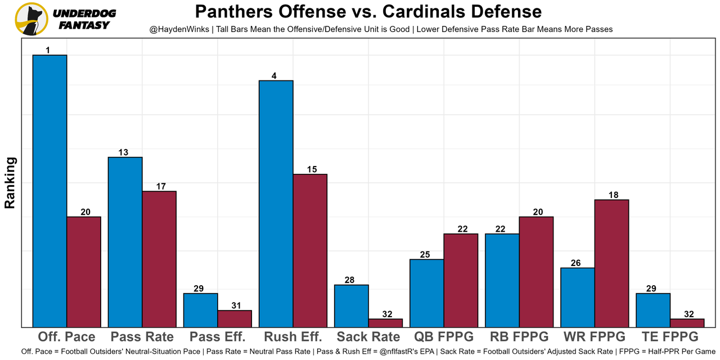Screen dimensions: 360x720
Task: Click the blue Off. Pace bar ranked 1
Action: click(x=50, y=191)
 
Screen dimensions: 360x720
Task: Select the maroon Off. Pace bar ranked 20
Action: click(x=84, y=272)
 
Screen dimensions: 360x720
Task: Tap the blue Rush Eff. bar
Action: click(x=276, y=204)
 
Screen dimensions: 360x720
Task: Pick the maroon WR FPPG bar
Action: click(x=611, y=263)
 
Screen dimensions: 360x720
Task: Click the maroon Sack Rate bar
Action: click(x=385, y=323)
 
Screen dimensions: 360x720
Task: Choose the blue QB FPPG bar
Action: click(x=427, y=293)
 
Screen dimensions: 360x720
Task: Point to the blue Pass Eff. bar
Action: click(x=201, y=310)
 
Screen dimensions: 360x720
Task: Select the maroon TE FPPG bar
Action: click(x=687, y=323)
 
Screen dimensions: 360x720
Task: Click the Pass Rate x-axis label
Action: click(x=142, y=337)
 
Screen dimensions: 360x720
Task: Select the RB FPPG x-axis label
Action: click(x=519, y=337)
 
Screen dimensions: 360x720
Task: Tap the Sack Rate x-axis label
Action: click(x=368, y=337)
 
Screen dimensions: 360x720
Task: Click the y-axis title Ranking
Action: click(x=10, y=183)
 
